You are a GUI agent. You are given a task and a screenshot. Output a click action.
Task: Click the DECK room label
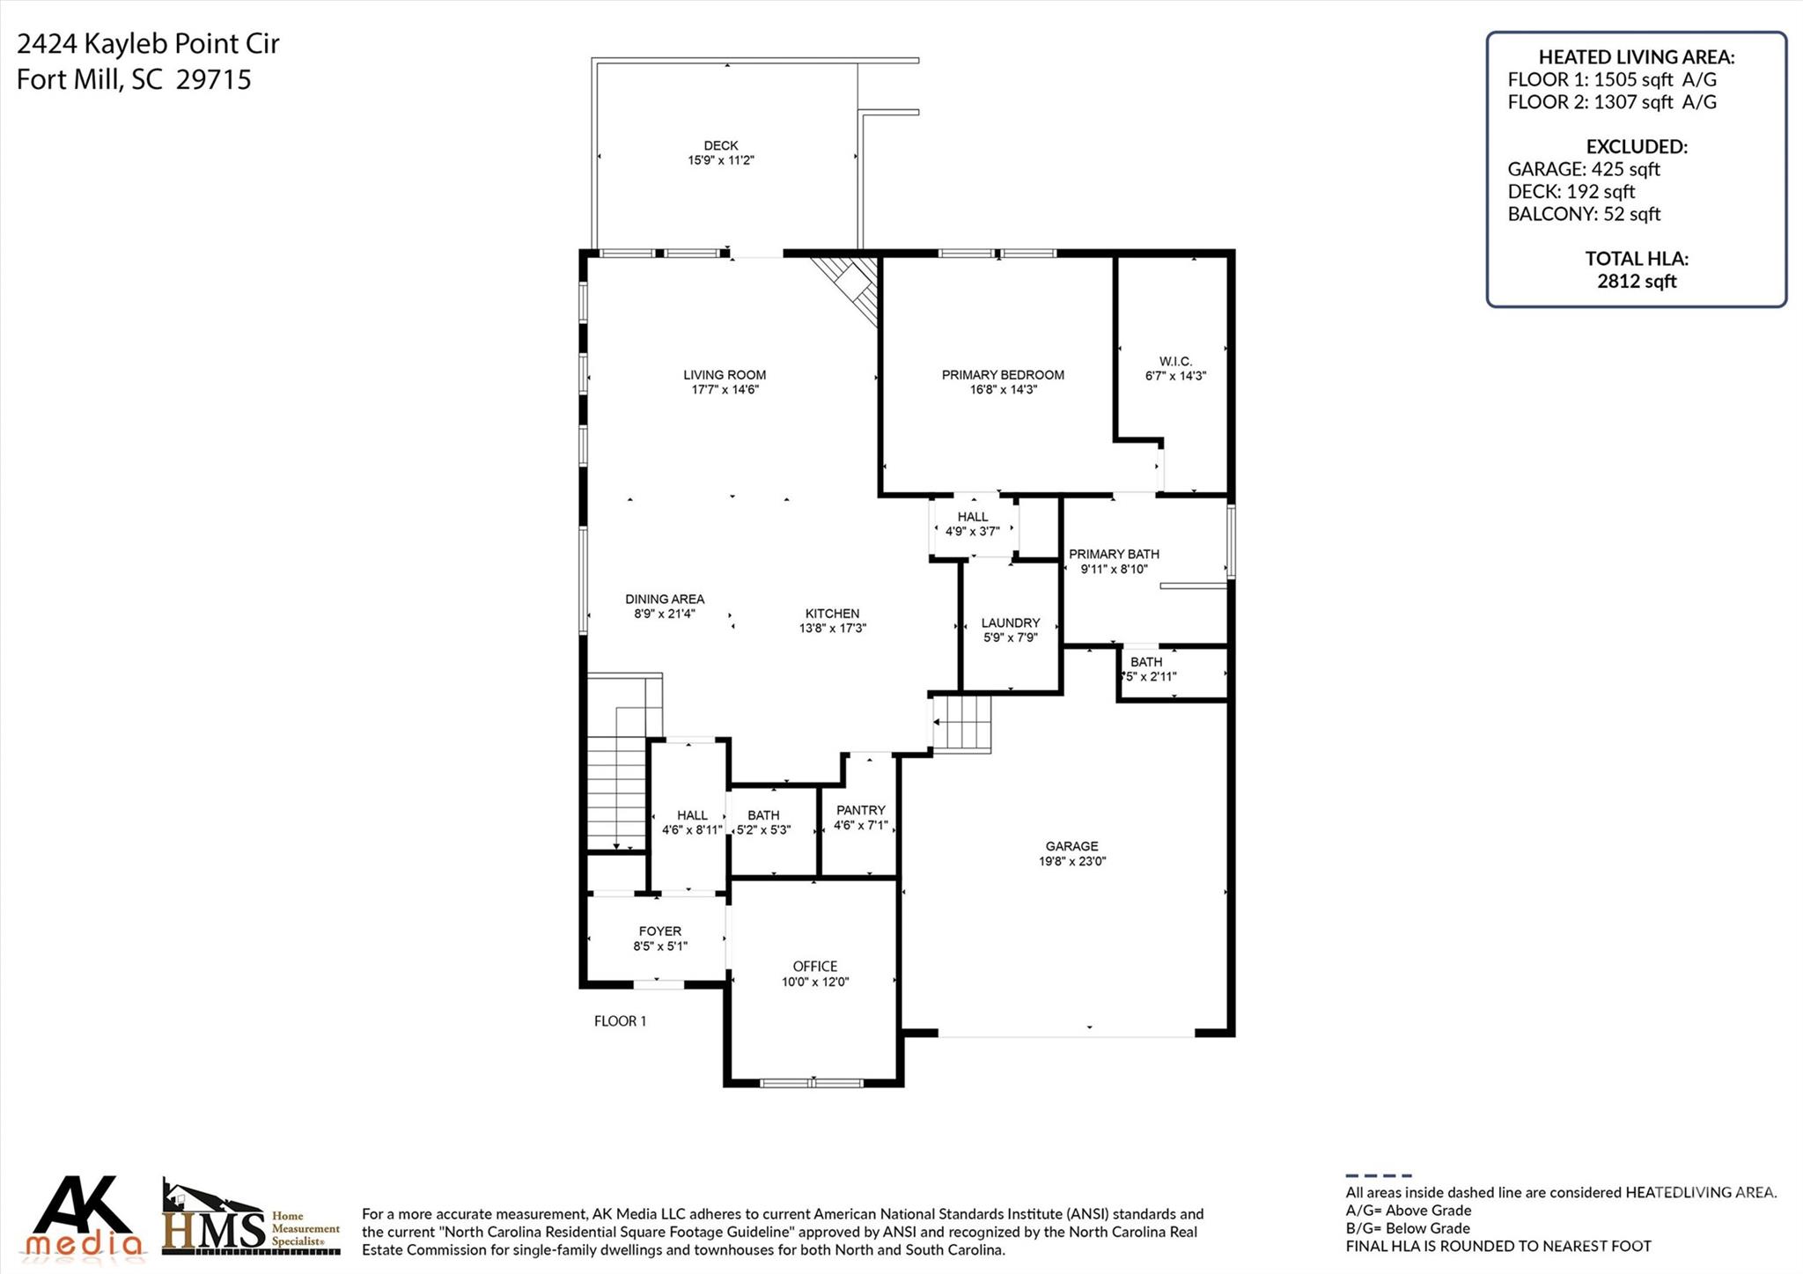tap(720, 145)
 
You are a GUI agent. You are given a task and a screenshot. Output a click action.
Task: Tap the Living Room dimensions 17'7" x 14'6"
tap(725, 389)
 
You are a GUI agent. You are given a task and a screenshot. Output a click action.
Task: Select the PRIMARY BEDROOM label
tap(1003, 375)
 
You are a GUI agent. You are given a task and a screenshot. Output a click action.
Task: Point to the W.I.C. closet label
tap(1175, 361)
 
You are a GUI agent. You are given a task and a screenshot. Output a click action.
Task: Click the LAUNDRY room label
tap(1011, 622)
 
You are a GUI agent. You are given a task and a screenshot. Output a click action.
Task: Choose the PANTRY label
tap(860, 810)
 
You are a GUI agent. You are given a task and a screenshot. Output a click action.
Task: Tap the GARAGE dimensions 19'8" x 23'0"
tap(1071, 861)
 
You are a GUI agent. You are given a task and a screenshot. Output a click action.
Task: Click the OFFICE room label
tap(814, 966)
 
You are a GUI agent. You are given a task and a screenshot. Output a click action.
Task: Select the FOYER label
tap(659, 931)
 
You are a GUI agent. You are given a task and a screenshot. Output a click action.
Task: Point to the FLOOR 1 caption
tap(620, 1021)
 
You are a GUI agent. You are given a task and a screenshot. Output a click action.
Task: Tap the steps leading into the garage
tap(962, 724)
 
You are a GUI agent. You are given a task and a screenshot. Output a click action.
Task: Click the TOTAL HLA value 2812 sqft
tap(1636, 281)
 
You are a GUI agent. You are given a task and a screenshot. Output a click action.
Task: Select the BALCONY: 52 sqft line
tap(1583, 214)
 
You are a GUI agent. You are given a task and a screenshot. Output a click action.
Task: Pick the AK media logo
tap(85, 1217)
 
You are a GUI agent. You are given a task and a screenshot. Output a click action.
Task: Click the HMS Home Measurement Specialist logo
tap(251, 1219)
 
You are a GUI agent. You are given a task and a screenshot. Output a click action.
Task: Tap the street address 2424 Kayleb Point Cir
tap(148, 43)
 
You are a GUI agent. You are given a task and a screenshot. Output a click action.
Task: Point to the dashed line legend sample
tap(1378, 1175)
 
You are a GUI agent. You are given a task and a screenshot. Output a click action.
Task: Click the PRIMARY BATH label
tap(1114, 554)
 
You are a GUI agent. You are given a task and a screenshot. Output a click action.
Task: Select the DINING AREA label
tap(665, 599)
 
